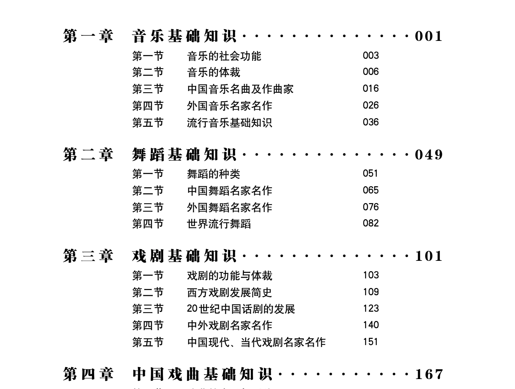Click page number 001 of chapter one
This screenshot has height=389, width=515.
429,36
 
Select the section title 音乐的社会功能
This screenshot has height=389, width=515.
224,56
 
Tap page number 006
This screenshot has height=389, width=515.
371,72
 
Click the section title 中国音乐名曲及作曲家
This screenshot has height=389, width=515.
240,89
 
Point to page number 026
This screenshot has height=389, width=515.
371,105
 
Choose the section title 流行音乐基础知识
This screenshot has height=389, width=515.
229,122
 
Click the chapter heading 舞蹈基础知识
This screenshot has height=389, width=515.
184,155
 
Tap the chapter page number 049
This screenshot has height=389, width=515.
429,155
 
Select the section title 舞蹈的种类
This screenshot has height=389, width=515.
213,174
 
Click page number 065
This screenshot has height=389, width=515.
371,190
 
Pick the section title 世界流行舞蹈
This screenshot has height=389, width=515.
219,224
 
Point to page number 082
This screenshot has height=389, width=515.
371,223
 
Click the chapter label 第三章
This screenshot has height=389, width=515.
88,256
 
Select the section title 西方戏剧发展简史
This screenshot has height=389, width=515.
229,292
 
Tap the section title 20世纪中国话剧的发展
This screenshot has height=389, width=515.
241,309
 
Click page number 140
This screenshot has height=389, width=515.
371,325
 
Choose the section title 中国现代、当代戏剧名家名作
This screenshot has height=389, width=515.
256,342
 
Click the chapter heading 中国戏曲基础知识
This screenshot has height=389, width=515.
202,374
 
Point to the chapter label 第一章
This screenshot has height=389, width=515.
88,36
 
